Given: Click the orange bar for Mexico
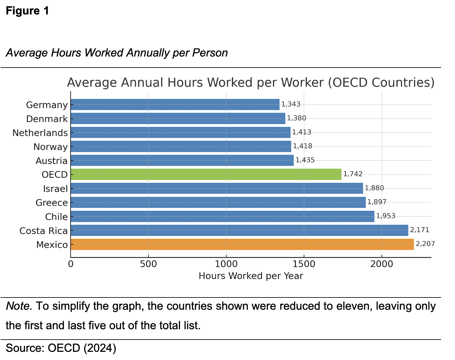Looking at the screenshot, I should [x=242, y=244].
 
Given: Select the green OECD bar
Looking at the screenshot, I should [x=206, y=174].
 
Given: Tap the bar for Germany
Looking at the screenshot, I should [x=175, y=105].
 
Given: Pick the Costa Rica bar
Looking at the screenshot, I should [x=239, y=230].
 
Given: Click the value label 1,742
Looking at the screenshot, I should [x=353, y=174].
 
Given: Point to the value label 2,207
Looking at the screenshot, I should [x=425, y=244].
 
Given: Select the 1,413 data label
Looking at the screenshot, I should [x=302, y=132].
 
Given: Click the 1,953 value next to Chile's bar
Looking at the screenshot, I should [x=386, y=216].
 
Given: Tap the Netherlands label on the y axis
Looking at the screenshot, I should [x=40, y=133].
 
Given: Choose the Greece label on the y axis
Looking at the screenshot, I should [x=52, y=203].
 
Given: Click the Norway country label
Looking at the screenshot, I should [x=51, y=147].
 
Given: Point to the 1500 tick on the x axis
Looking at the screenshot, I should [x=304, y=264].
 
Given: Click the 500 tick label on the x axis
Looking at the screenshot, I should [x=148, y=264].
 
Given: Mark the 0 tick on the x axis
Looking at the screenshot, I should [x=71, y=264].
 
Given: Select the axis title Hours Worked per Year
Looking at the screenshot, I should [x=251, y=276].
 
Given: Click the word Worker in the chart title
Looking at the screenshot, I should [x=302, y=83].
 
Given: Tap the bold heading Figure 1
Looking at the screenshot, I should [x=28, y=11].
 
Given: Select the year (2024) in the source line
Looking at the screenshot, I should [x=100, y=348].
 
